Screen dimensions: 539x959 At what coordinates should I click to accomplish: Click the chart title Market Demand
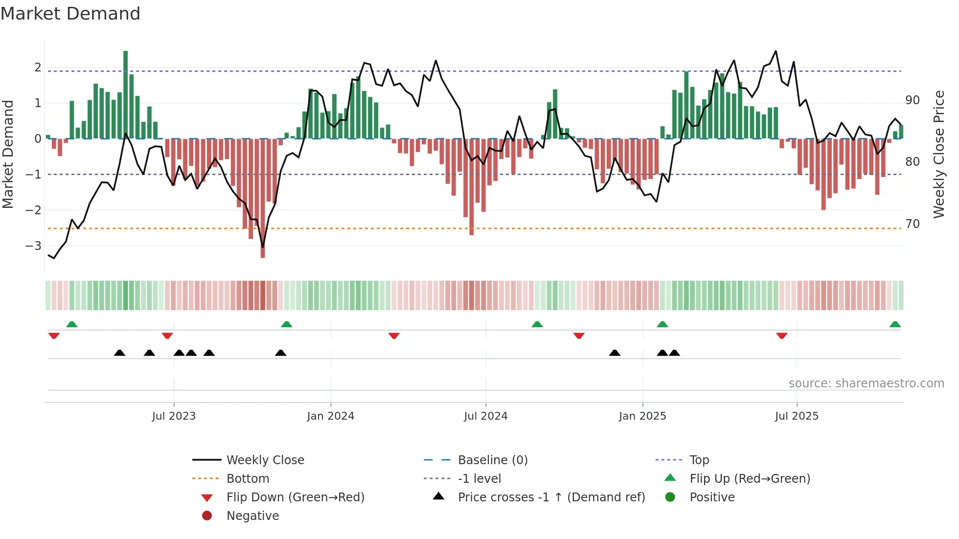(x=70, y=14)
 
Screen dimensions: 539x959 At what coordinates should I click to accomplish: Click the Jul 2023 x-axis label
(x=174, y=416)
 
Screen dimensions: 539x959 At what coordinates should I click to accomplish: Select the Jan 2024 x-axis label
(x=330, y=416)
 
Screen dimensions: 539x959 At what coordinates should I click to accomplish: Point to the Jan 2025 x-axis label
(x=642, y=416)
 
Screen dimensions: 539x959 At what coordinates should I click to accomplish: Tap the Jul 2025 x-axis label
(x=797, y=416)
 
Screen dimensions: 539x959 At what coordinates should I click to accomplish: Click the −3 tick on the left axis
(x=33, y=246)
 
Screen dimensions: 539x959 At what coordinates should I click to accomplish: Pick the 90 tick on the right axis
(x=912, y=100)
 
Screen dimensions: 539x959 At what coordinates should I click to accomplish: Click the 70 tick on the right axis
(x=912, y=224)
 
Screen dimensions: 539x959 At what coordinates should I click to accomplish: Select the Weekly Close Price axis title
(x=938, y=154)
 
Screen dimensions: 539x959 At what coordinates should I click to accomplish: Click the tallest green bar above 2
(x=126, y=93)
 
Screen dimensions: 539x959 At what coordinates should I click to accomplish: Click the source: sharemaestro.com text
(x=866, y=383)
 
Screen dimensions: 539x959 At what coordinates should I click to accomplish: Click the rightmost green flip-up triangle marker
(x=895, y=324)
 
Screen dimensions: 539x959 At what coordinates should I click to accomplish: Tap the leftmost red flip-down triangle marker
(x=54, y=336)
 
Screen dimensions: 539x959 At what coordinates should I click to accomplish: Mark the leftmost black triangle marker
(x=119, y=353)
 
